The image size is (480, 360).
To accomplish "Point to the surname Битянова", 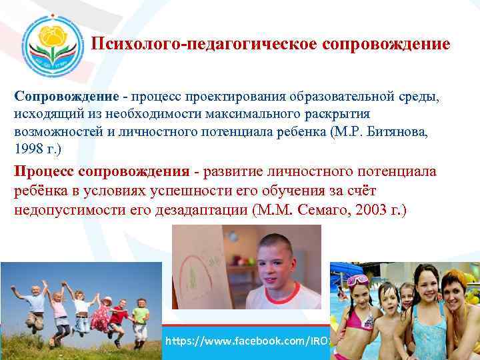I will tap(395, 132).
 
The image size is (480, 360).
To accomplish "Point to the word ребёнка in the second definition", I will tap(39, 191).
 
